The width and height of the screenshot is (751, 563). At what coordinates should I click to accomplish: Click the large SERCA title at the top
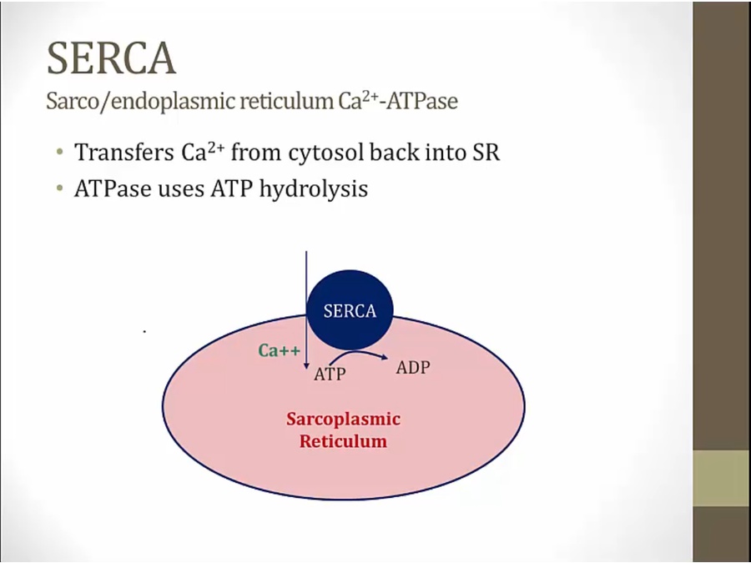111,58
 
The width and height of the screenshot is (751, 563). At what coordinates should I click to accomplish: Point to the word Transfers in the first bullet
124,153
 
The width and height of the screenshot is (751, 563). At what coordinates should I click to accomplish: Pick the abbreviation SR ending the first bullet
486,153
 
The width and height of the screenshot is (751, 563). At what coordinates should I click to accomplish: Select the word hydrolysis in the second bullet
313,189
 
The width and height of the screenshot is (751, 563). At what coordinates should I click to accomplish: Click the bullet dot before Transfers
59,153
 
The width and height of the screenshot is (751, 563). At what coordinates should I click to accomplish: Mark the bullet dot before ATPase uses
59,189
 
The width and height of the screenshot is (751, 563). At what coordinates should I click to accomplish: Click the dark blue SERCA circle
350,310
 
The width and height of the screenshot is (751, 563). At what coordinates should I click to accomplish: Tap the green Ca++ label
280,350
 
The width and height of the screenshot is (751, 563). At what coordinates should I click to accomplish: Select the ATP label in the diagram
330,374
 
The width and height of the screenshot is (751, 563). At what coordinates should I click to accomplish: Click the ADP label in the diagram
413,367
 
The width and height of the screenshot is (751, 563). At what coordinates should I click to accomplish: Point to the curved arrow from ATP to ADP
358,353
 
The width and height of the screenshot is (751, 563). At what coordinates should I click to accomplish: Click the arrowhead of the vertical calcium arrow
306,366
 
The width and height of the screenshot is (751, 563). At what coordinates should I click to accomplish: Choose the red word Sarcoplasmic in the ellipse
344,419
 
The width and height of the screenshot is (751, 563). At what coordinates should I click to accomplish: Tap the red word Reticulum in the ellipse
343,441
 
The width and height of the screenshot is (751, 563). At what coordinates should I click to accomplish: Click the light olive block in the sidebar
722,478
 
